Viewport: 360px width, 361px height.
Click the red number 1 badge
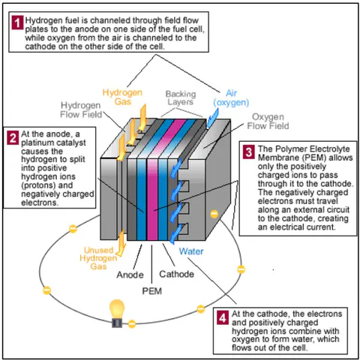[x=17, y=23]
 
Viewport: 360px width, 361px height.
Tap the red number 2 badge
[x=13, y=138]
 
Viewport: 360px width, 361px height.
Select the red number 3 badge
[x=249, y=152]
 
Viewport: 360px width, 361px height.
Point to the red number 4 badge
[x=222, y=317]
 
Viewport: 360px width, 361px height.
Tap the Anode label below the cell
[x=130, y=275]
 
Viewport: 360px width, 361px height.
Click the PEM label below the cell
[x=152, y=291]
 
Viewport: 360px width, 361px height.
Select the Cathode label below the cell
[x=176, y=274]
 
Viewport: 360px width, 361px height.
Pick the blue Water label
[x=191, y=251]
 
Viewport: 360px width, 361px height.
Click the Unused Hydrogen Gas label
[x=98, y=258]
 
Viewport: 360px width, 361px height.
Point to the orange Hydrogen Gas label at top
[x=122, y=97]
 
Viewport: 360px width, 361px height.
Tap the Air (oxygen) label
[x=231, y=98]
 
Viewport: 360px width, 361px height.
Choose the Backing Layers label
[x=181, y=98]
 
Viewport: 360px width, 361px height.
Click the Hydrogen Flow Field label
[x=81, y=110]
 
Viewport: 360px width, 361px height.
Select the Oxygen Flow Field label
[x=268, y=122]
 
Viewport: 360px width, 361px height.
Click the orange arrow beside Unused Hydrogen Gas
[x=121, y=242]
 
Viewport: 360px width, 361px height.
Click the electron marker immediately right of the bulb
[x=132, y=324]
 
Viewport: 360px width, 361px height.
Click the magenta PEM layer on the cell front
[x=152, y=199]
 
